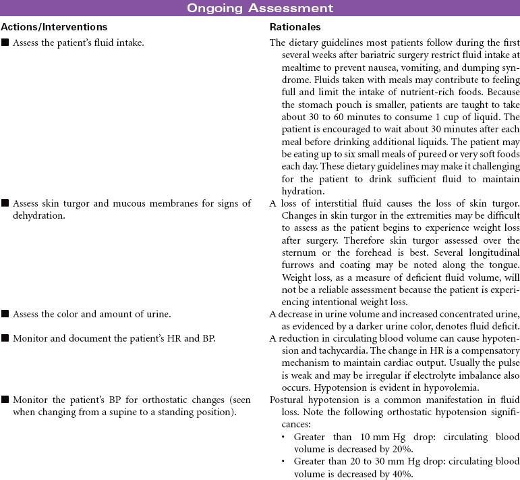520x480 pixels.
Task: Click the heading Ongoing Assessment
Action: pos(260,9)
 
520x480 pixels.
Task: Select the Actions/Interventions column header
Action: pos(54,28)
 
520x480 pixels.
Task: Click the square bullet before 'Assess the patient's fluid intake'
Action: pos(5,43)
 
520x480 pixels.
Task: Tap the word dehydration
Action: pos(34,215)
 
